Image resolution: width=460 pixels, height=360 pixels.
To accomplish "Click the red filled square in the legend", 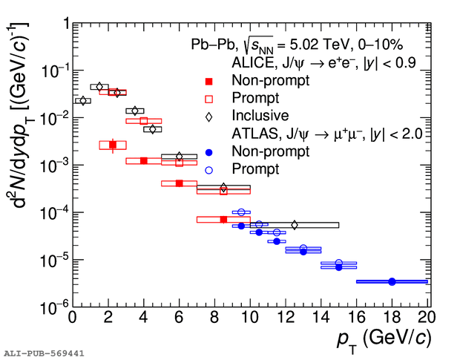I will tap(209, 80).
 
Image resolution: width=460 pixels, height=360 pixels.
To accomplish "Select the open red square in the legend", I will tap(209, 98).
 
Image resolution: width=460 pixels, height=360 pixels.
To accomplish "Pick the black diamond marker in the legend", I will tap(209, 116).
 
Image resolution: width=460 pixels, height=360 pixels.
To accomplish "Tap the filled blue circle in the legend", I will tap(209, 151).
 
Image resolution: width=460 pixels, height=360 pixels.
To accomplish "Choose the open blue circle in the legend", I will tap(209, 169).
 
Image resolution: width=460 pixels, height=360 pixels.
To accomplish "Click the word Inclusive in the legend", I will tap(260, 116).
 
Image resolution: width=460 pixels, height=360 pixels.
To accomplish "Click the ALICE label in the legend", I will tap(254, 62).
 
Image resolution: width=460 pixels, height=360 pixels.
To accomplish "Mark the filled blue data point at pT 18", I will tap(392, 281).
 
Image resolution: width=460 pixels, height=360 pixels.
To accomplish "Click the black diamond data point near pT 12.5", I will tap(294, 224).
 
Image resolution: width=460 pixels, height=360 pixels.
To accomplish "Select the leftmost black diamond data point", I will tap(82, 100).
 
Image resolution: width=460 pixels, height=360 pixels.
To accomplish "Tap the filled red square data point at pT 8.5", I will tap(223, 220).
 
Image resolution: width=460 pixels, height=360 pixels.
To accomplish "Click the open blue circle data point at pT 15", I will tap(339, 263).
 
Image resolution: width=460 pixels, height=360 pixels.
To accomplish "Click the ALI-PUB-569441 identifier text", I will tap(43, 353).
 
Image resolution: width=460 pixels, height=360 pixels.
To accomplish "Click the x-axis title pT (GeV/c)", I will tap(382, 338).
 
